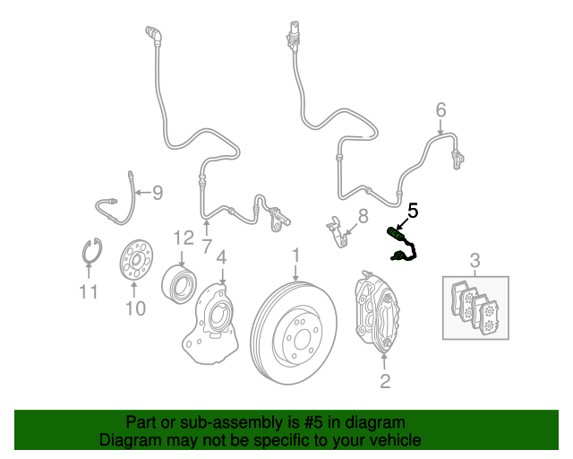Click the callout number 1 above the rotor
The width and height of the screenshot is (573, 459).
(295, 259)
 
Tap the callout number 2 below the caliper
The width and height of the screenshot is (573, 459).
(385, 383)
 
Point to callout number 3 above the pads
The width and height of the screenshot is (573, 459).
(475, 261)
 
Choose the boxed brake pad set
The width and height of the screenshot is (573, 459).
(475, 307)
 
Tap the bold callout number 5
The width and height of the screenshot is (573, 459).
(413, 211)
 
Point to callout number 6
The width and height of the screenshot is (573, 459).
(440, 110)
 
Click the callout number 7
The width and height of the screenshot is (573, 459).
(206, 245)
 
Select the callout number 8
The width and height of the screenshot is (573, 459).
(363, 216)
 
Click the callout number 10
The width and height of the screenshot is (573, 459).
(134, 309)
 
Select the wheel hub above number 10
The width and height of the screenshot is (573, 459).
(135, 259)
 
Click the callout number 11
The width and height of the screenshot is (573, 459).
(87, 291)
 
